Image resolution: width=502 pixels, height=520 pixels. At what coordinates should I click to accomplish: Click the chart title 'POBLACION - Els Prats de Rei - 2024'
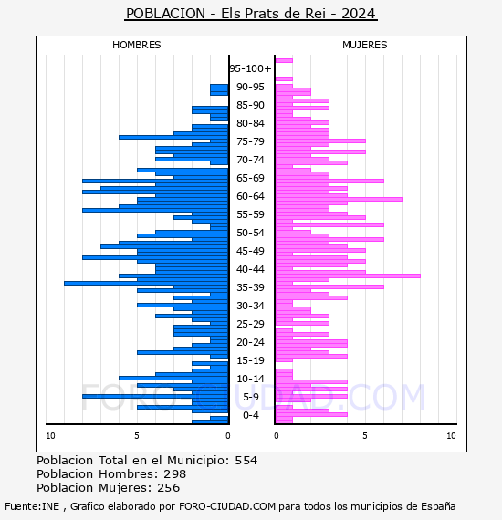(251, 14)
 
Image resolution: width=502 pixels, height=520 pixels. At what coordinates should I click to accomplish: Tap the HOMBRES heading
(136, 45)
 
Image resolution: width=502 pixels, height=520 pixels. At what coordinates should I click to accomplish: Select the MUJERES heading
(365, 45)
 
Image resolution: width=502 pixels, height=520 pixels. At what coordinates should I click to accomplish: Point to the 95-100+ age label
(250, 68)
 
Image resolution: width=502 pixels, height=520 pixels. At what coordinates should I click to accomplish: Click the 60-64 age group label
(250, 196)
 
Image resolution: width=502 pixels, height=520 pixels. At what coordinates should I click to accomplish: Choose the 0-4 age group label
(251, 415)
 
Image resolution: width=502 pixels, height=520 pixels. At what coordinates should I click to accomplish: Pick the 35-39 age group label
(250, 287)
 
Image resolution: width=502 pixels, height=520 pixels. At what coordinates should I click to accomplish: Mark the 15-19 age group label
(250, 360)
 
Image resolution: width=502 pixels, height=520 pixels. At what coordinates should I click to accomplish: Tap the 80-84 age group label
(250, 123)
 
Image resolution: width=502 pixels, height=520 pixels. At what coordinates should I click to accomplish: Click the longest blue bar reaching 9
(146, 283)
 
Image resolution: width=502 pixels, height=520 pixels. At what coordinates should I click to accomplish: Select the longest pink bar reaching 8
(348, 276)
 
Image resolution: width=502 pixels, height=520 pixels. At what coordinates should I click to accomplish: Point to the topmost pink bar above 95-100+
(284, 61)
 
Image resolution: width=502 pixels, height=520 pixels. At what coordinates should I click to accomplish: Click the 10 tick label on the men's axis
(50, 436)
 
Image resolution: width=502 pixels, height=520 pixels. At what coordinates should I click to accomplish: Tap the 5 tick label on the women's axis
(365, 436)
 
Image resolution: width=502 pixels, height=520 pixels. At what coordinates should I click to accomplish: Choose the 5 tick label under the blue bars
(137, 436)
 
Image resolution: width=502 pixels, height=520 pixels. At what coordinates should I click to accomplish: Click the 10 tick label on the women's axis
(451, 436)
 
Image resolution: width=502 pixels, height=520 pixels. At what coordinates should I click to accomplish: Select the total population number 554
(246, 461)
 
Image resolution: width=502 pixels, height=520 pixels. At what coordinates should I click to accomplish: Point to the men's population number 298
(174, 474)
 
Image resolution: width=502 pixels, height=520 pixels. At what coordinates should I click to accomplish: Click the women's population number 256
(168, 488)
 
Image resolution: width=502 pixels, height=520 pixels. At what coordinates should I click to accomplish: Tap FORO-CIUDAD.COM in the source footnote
(227, 506)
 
